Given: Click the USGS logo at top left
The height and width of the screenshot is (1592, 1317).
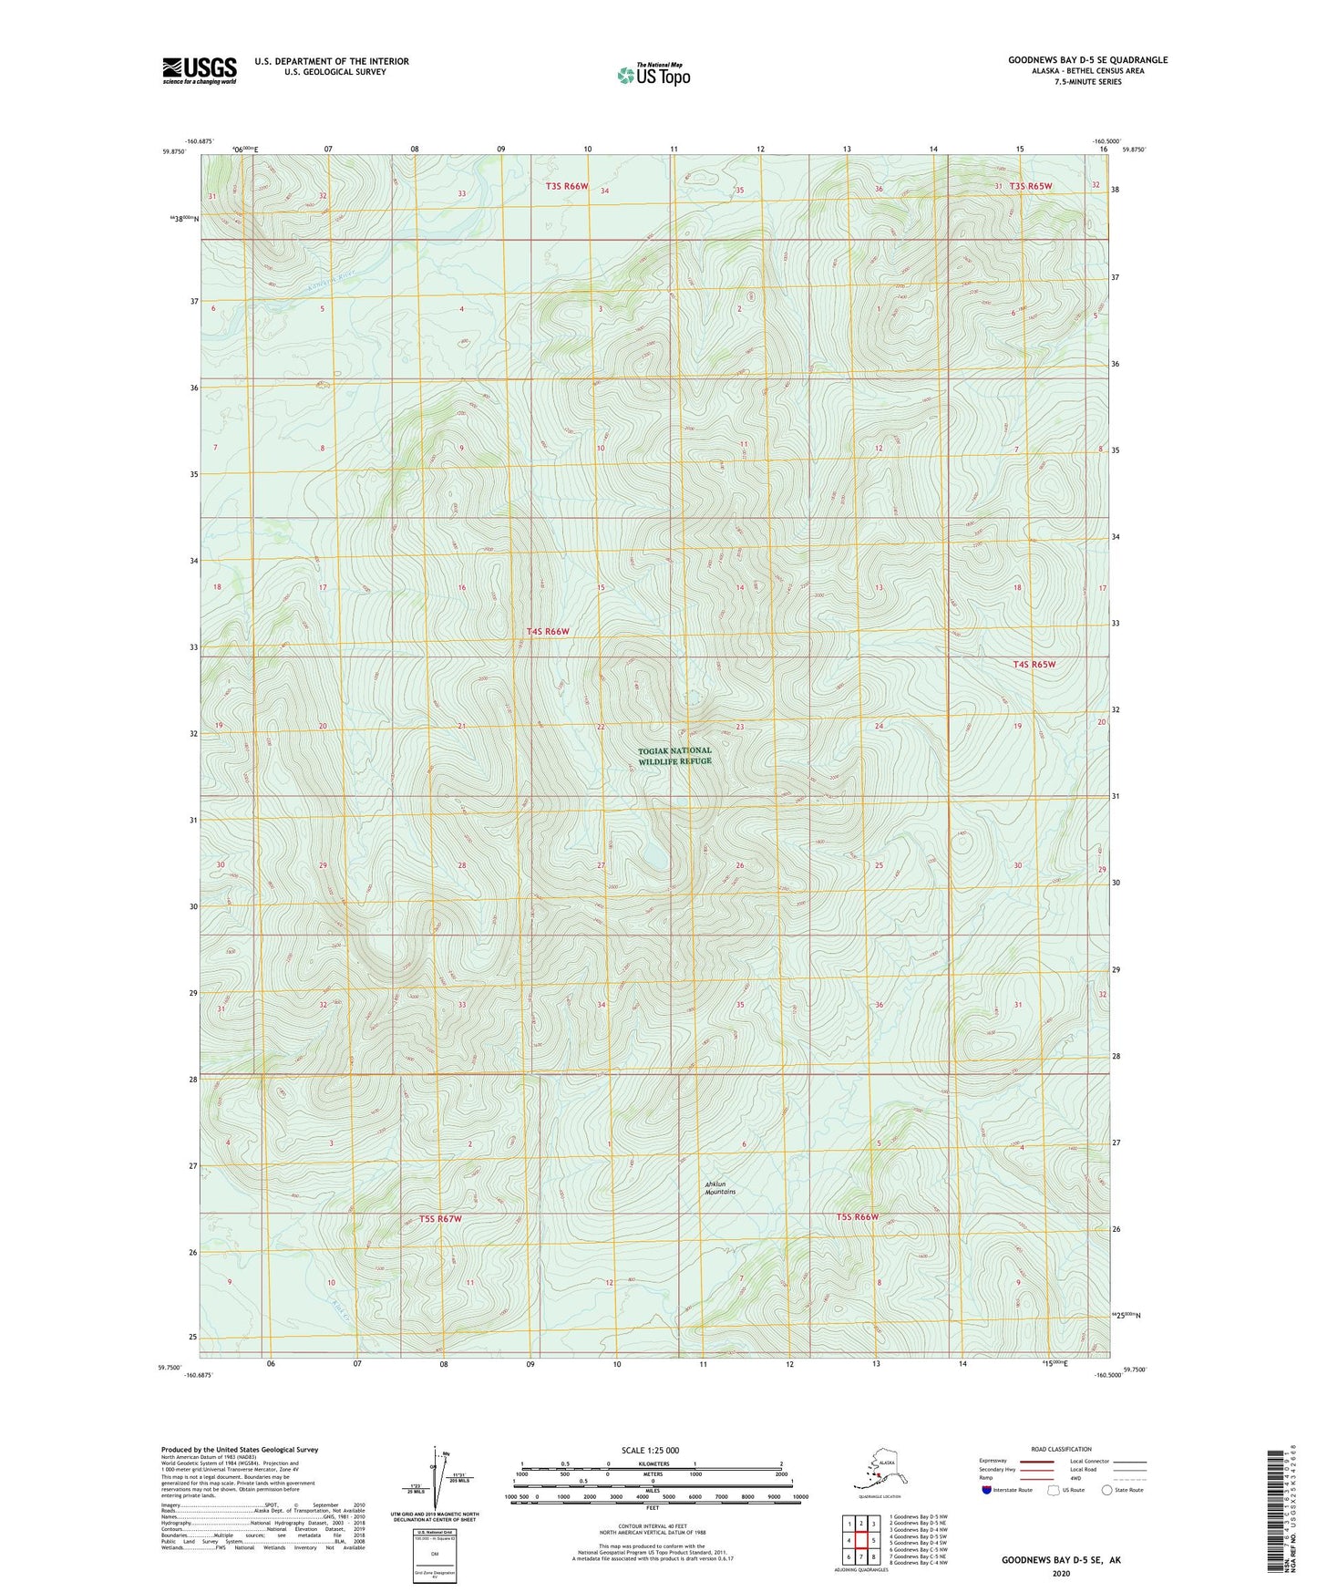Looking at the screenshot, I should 199,70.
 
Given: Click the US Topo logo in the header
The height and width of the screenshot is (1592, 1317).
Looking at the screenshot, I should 653,75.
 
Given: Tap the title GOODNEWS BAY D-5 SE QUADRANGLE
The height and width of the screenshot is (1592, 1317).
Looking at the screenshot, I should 1086,60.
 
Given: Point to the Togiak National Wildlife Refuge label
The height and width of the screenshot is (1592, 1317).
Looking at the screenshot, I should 674,756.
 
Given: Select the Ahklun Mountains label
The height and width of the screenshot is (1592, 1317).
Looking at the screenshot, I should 720,1188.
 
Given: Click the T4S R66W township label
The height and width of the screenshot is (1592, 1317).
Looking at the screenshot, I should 548,632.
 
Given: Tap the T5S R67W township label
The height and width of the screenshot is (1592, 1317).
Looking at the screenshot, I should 441,1219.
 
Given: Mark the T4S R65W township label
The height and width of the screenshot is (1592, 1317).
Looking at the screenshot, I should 1034,665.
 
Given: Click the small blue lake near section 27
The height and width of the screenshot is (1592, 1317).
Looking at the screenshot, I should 653,860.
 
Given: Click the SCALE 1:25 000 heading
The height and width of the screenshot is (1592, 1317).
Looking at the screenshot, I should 650,1451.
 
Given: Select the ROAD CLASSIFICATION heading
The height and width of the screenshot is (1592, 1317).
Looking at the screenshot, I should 1061,1449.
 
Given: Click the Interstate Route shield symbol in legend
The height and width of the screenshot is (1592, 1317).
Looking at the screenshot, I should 987,1490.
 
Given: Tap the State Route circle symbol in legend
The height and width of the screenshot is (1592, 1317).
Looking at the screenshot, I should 1106,1490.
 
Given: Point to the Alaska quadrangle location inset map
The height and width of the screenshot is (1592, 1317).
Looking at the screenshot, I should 878,1473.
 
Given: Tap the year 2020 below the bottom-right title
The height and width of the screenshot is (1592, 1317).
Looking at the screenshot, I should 1061,1573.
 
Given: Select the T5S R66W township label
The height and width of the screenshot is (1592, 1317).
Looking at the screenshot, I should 857,1217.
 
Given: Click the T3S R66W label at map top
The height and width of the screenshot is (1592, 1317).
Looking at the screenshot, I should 567,187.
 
